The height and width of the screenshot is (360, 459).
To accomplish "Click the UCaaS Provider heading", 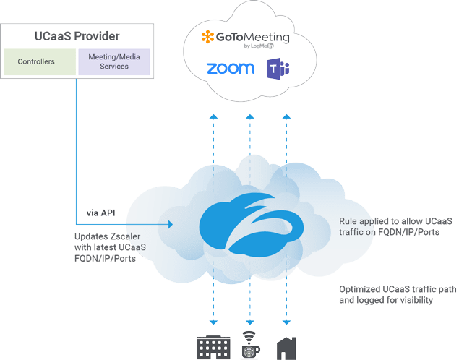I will pyautogui.click(x=77, y=35).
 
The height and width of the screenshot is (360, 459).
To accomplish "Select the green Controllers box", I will pyautogui.click(x=40, y=62).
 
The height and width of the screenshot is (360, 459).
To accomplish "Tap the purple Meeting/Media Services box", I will pyautogui.click(x=113, y=62).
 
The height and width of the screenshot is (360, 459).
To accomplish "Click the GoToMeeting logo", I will pyautogui.click(x=244, y=38).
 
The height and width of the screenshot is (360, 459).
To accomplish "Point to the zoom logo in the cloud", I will pyautogui.click(x=230, y=69).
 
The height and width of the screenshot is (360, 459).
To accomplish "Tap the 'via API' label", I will pyautogui.click(x=101, y=213).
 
